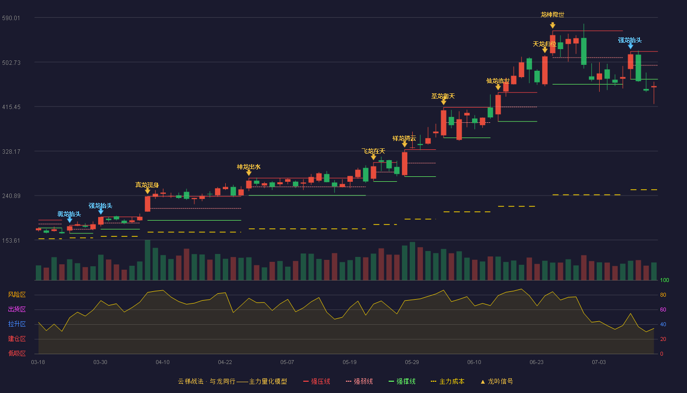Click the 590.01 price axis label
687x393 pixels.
pos(11,18)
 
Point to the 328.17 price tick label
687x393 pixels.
pos(11,152)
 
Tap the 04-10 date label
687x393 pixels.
pos(162,363)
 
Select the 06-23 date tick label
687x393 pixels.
pos(536,363)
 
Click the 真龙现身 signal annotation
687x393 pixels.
pos(147,185)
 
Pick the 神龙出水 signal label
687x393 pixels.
pos(248,167)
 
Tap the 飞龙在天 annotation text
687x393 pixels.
pos(373,151)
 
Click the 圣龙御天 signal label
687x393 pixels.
pos(443,96)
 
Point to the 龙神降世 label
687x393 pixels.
pos(553,15)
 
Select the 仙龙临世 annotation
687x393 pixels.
pos(498,81)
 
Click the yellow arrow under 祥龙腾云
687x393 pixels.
pos(404,144)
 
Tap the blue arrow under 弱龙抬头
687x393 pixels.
pos(70,220)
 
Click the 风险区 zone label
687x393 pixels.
pos(17,295)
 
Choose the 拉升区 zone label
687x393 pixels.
pos(17,324)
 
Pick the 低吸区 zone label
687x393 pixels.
pos(17,354)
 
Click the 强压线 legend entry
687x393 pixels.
pos(317,382)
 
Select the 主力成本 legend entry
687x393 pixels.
pos(448,382)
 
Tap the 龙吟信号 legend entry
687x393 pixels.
pos(497,382)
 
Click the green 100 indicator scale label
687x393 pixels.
pos(664,280)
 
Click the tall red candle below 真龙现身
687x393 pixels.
pos(148,204)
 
